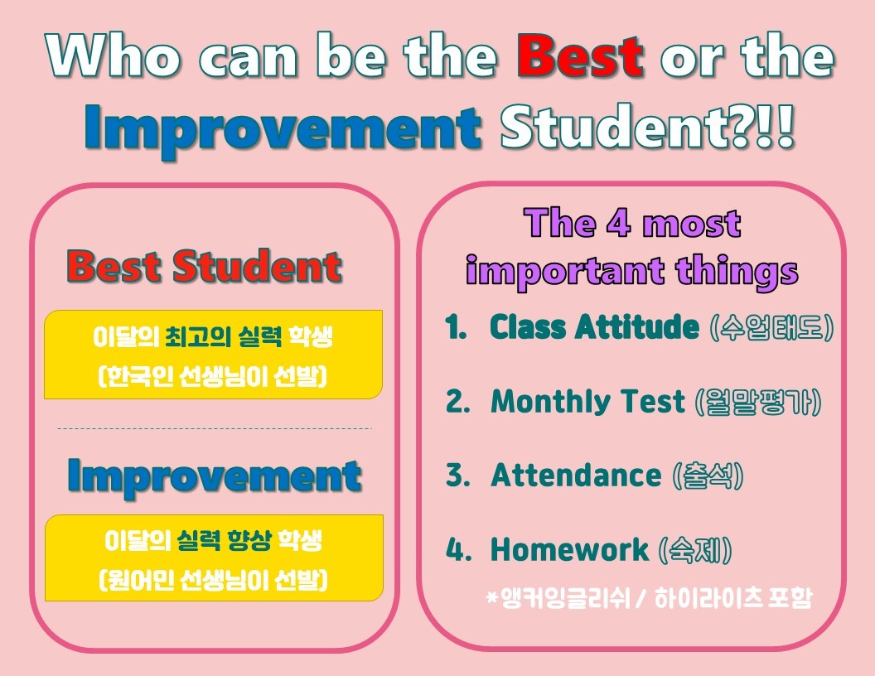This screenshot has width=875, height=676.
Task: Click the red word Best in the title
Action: (580, 56)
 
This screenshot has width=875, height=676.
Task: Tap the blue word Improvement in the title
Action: (283, 129)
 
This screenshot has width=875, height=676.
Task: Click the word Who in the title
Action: (114, 55)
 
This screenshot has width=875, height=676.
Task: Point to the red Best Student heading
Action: (204, 266)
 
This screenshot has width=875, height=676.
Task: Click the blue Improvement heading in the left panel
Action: (215, 477)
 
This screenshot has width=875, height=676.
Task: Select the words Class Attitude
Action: (594, 326)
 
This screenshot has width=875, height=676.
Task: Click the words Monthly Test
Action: (587, 401)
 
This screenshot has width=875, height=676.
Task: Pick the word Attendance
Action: (575, 476)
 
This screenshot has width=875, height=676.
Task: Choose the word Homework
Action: (569, 549)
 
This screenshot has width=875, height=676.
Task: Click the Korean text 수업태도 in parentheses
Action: (771, 327)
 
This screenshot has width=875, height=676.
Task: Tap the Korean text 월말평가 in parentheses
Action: (758, 402)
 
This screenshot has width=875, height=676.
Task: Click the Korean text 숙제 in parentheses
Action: (695, 550)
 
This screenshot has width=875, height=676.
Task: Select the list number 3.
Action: (457, 476)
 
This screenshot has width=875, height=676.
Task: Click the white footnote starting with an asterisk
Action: (649, 598)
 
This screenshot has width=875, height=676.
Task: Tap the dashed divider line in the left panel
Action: (215, 429)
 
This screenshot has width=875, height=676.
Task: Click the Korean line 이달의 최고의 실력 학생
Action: (213, 337)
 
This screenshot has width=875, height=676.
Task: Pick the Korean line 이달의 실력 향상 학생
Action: (213, 540)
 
